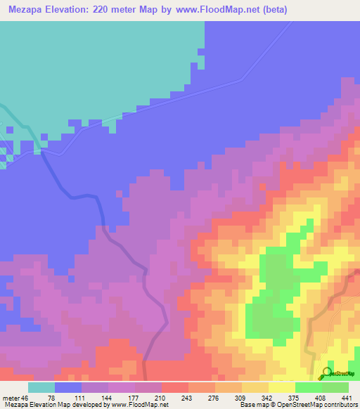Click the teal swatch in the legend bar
(41, 387)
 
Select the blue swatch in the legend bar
(68, 387)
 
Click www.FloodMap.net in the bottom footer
(134, 404)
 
